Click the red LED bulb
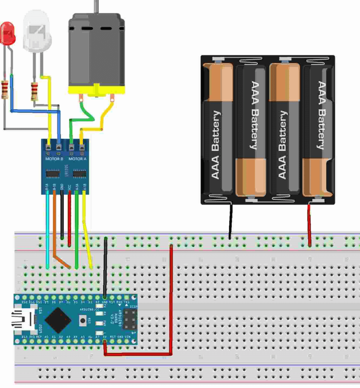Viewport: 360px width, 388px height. pos(8,33)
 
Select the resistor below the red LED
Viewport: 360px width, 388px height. pos(5,89)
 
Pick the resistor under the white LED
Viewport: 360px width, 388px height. pos(34,91)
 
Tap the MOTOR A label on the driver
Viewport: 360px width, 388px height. pos(78,159)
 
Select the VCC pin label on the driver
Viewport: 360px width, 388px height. pos(70,187)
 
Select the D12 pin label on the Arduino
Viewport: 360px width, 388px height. pos(25,302)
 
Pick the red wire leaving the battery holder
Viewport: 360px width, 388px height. pos(309,224)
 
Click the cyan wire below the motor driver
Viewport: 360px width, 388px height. pos(47,227)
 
